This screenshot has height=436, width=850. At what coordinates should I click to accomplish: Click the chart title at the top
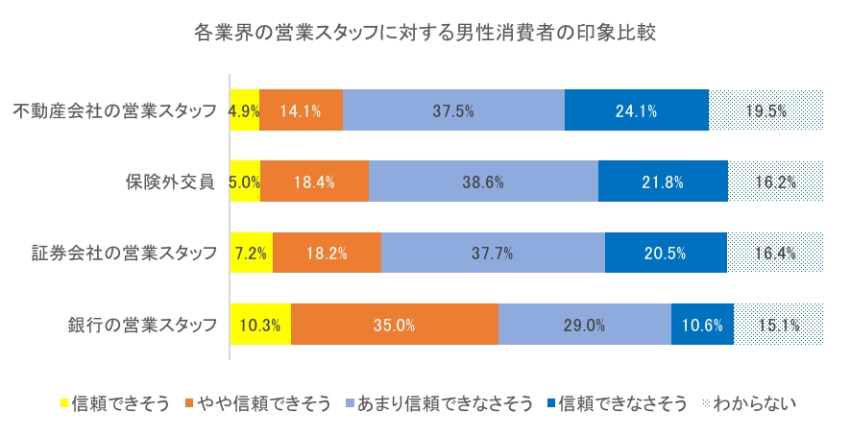point(425,34)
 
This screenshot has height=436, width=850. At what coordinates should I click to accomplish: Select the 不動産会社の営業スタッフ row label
point(115,110)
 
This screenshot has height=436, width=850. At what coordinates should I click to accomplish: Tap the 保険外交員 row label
point(169,182)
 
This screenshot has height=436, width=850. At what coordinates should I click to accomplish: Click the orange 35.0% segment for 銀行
point(395,325)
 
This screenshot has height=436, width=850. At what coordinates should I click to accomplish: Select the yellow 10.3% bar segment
point(260,325)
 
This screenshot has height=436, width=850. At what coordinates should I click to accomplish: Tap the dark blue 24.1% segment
point(637,110)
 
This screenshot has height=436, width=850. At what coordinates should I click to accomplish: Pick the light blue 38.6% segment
point(483,182)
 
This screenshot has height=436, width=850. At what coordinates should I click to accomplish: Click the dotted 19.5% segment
point(767,110)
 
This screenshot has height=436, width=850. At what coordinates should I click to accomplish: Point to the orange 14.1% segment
point(301,110)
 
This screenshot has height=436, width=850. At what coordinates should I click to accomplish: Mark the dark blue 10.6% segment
point(702,325)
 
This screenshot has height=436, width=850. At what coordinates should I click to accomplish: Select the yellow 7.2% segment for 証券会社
point(252,254)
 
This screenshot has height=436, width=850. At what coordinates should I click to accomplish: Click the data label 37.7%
point(493,254)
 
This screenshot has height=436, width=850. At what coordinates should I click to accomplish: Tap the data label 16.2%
point(777,182)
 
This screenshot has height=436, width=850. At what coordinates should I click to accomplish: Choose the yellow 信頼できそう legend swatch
point(65,403)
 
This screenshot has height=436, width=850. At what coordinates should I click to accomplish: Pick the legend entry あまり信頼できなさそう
point(445,403)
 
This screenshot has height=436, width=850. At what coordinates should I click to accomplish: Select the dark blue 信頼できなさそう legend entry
point(621,403)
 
